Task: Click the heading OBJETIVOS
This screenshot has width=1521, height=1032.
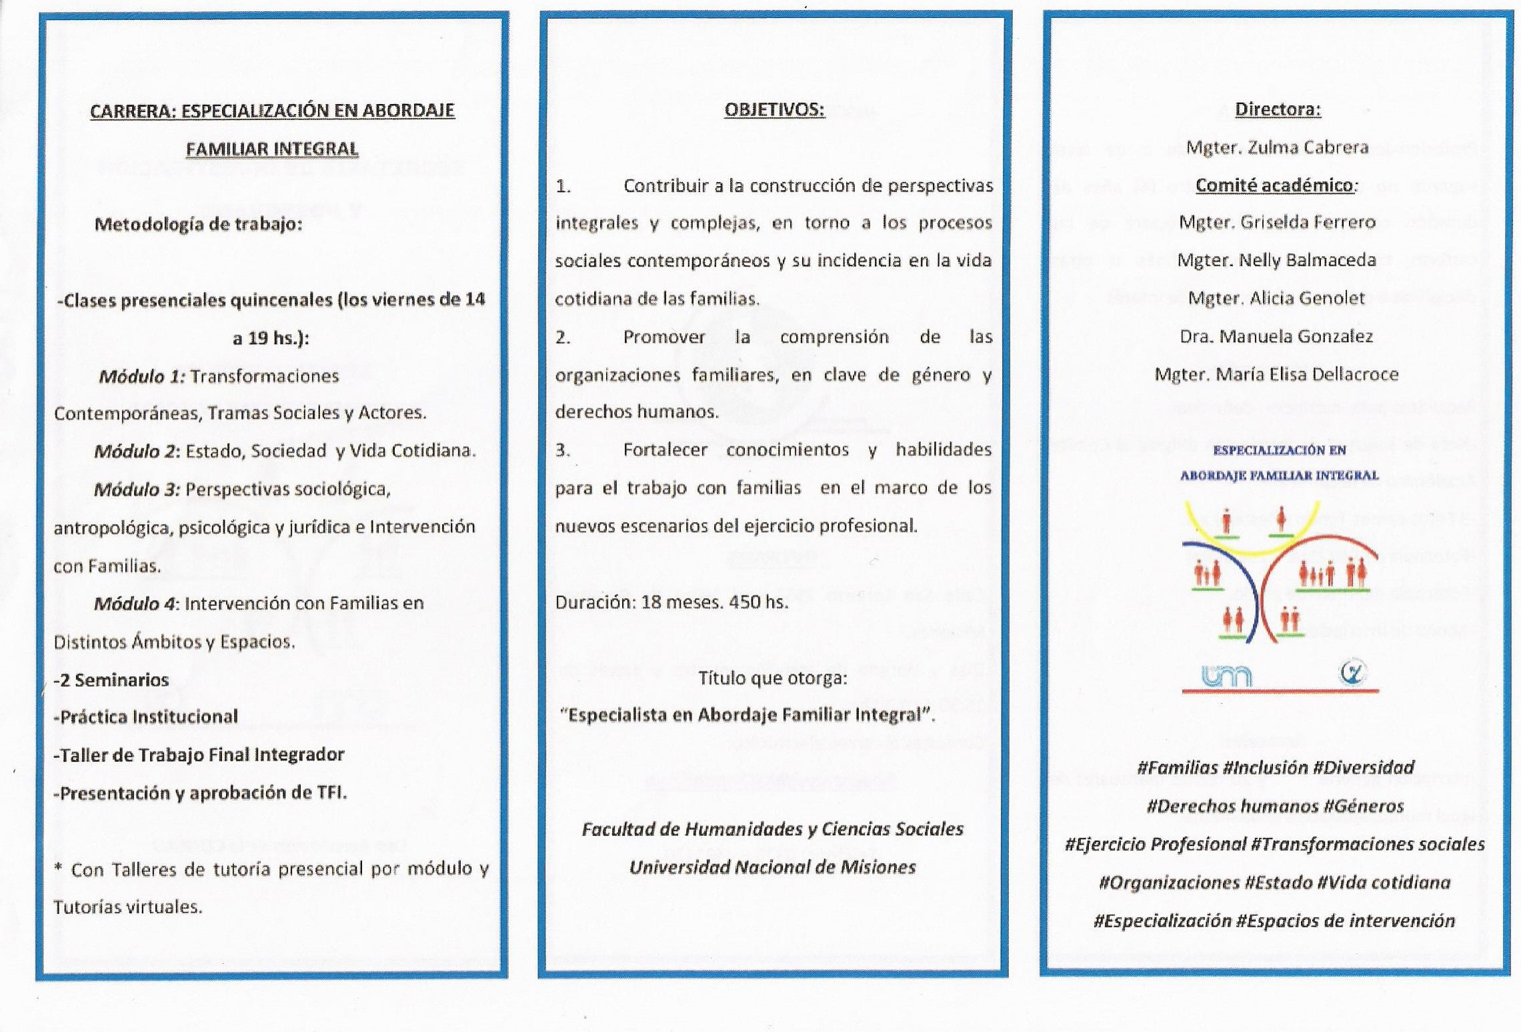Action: click(774, 109)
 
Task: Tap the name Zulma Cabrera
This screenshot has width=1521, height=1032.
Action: click(1308, 147)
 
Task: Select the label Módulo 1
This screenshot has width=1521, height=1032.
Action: click(141, 377)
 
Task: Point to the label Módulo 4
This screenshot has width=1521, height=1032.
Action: click(136, 603)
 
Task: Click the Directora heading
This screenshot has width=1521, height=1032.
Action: click(1277, 109)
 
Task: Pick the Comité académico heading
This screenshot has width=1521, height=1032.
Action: click(1274, 185)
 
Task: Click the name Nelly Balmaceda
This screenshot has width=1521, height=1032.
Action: click(1307, 260)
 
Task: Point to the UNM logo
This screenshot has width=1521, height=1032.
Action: click(1226, 677)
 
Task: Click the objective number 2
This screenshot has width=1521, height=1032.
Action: click(563, 337)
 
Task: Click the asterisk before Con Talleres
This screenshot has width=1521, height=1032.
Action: click(58, 868)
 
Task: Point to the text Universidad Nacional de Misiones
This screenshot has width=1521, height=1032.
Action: click(772, 867)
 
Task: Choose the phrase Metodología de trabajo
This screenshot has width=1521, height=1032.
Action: click(198, 224)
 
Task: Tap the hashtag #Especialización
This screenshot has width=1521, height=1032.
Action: click(1162, 921)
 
